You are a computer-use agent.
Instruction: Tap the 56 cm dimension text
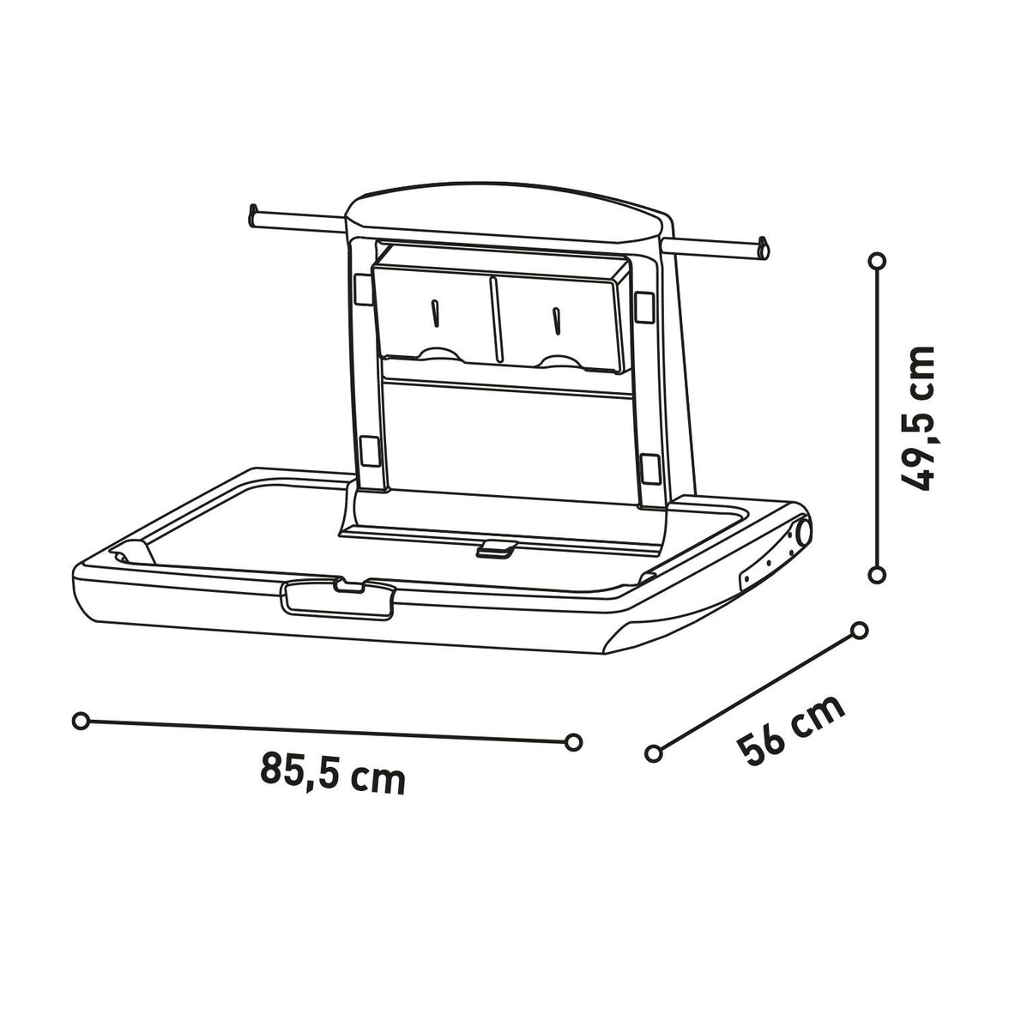click(791, 729)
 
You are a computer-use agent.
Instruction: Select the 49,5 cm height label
click(915, 418)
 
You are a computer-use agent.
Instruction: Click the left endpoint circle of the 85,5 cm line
click(81, 722)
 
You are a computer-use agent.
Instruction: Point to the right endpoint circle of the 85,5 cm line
click(574, 740)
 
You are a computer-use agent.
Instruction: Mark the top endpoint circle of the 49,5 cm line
click(876, 260)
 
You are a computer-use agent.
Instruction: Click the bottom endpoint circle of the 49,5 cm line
click(876, 574)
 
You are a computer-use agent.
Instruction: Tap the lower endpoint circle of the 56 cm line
click(654, 752)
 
